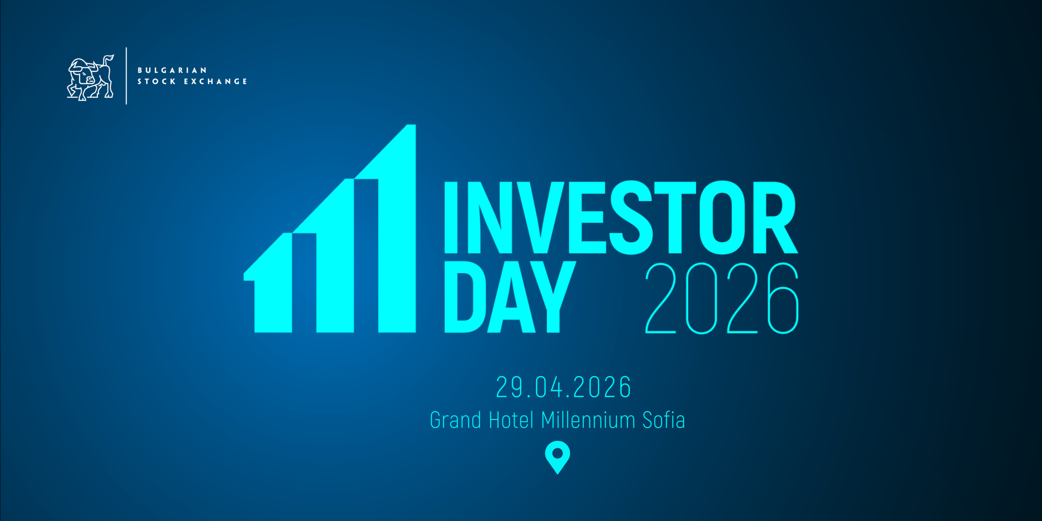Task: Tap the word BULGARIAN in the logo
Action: (172, 70)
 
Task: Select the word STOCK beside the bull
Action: (157, 81)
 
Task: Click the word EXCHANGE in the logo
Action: (215, 81)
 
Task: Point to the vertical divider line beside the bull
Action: (126, 76)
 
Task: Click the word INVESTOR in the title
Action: (620, 218)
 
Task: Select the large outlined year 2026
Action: (722, 298)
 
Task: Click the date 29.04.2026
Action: (563, 387)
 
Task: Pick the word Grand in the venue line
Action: (455, 420)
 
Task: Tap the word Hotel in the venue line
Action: (511, 420)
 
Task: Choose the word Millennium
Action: (588, 420)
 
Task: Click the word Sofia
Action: (663, 420)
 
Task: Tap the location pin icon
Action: (557, 456)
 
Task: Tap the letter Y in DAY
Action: (553, 297)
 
